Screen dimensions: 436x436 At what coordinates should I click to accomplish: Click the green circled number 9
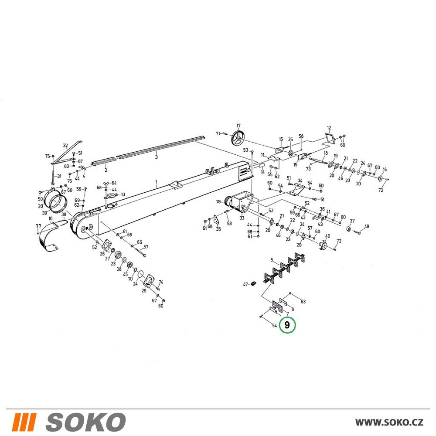coord(287,325)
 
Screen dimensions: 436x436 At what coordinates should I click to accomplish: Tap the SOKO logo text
coord(85,422)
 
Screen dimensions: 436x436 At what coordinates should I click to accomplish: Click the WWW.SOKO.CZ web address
coord(389,422)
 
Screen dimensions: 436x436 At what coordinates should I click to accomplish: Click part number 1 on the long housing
coord(156,182)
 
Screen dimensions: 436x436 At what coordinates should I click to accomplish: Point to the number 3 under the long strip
coord(156,157)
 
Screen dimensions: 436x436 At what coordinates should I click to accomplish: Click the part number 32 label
coord(65,146)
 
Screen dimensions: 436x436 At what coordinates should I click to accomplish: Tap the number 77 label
coord(39,226)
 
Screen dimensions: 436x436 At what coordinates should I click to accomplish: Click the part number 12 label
coord(329,128)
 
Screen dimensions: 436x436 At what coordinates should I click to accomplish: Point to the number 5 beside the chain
coord(272,260)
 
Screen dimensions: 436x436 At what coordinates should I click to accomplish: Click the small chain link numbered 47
coord(253,283)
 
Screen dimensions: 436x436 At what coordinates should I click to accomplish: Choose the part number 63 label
coord(303,301)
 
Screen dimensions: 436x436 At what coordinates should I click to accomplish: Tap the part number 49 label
coord(367,226)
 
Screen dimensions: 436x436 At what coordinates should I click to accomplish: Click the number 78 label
coord(218,201)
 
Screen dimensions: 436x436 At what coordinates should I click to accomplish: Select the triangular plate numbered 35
coord(216,219)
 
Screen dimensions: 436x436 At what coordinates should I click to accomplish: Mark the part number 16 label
coord(385,169)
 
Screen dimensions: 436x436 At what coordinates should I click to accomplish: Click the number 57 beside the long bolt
coord(146,247)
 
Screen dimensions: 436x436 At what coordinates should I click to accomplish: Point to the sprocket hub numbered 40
coord(323,245)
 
